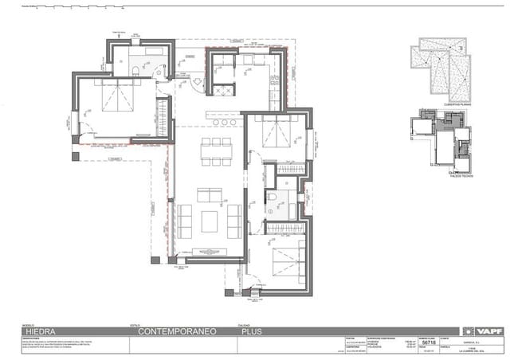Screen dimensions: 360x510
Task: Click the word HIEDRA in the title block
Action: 41,331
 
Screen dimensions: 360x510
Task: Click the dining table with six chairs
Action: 216,151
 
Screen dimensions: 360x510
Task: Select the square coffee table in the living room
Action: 210,221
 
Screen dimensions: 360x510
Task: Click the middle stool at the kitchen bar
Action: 225,122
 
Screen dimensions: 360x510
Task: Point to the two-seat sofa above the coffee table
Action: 210,194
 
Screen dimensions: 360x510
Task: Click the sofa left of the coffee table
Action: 185,221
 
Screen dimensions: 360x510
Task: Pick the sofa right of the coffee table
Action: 234,221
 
